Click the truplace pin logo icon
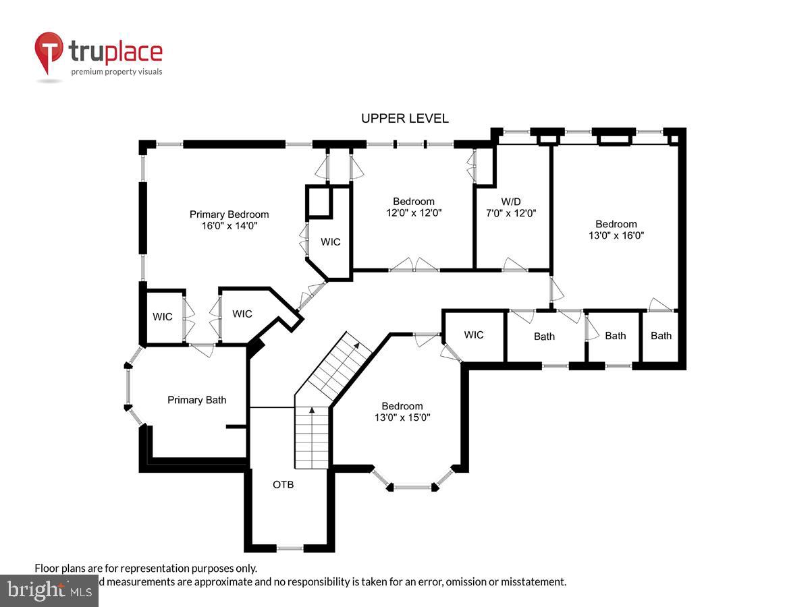(x=49, y=53)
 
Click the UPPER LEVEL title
(x=404, y=119)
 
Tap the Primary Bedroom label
(x=229, y=214)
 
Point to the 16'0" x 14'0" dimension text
(x=229, y=227)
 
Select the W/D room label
(x=511, y=201)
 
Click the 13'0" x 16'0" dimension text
(x=616, y=236)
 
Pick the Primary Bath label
(x=197, y=400)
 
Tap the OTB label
(x=283, y=484)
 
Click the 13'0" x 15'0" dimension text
(x=402, y=417)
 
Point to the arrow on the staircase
(x=312, y=409)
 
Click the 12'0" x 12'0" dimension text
(x=414, y=212)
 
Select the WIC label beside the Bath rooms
(x=474, y=335)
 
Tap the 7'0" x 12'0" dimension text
(x=511, y=212)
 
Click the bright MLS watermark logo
(x=49, y=591)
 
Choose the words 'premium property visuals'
(x=117, y=71)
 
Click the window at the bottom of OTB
(x=290, y=548)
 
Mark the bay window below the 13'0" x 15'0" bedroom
(x=412, y=486)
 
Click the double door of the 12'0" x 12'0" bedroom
(x=414, y=266)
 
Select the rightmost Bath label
(x=661, y=335)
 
